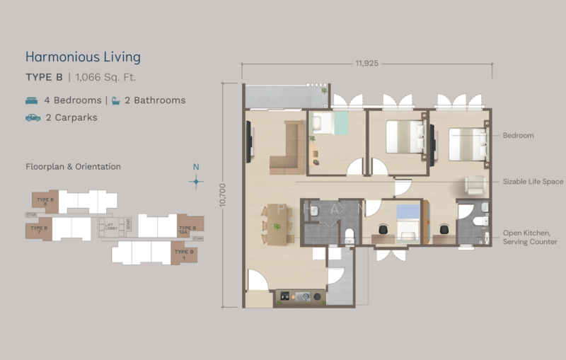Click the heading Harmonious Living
[x=83, y=57]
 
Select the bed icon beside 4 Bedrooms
[x=33, y=100]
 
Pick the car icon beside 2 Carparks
[x=33, y=117]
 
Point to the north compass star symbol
[x=197, y=181]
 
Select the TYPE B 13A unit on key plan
[x=187, y=229]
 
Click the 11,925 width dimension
[x=366, y=64]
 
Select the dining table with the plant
[x=277, y=225]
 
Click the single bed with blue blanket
[x=408, y=221]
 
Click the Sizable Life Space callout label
[x=533, y=182]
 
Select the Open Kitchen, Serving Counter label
[x=529, y=237]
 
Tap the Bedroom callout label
[x=518, y=135]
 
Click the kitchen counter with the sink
[x=300, y=296]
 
